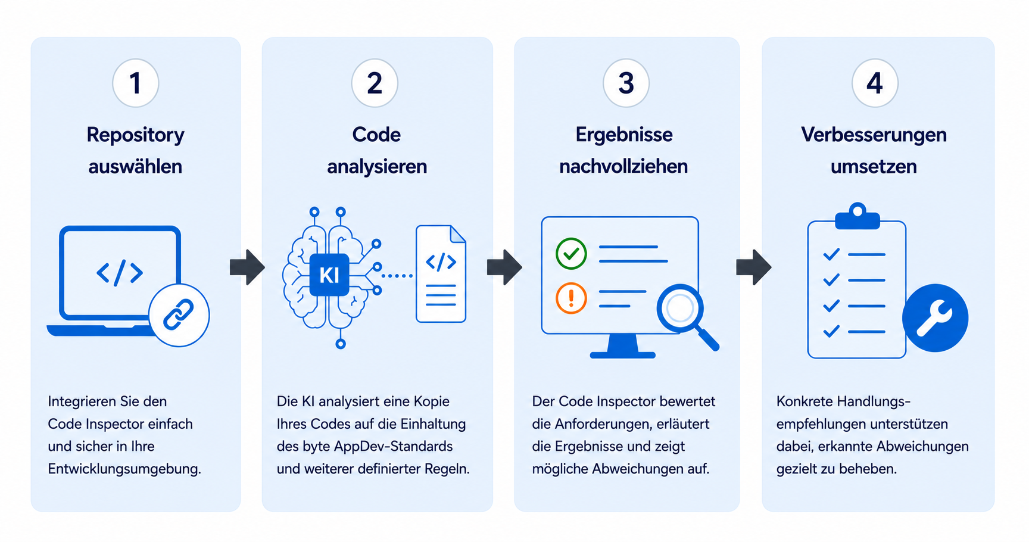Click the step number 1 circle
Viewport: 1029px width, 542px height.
[136, 83]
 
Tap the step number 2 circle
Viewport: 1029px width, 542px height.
[375, 83]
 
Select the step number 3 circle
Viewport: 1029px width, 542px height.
[626, 83]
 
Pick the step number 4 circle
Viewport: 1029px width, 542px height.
[875, 83]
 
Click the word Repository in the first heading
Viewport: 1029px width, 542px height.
[136, 135]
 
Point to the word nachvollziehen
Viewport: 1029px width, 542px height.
[623, 166]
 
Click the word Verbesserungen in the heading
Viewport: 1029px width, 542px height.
[874, 135]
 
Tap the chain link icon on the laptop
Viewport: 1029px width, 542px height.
[179, 315]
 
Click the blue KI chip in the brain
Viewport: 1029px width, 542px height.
[329, 275]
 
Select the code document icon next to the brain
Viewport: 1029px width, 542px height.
[441, 273]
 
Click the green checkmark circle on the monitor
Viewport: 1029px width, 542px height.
[571, 254]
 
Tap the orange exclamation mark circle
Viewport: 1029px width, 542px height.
[571, 298]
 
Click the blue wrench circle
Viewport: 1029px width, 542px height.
[935, 318]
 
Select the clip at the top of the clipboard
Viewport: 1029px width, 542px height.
[858, 216]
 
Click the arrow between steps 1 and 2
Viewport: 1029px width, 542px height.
[247, 267]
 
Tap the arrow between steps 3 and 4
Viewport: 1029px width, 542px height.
[754, 267]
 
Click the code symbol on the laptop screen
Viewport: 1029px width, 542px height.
[120, 273]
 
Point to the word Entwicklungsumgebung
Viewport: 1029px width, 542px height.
[124, 469]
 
